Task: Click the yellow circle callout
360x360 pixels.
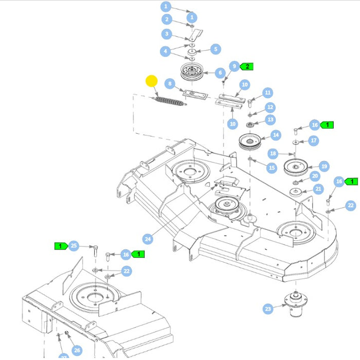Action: tap(152, 81)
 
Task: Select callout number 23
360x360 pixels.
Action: tap(267, 309)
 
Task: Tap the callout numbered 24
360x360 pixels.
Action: tap(148, 239)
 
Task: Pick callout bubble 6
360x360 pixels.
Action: tap(220, 73)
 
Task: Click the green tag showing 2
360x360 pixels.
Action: tap(247, 66)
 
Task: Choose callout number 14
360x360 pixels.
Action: tap(276, 135)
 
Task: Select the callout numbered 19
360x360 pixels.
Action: tap(324, 166)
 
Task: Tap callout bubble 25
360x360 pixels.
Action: tap(74, 246)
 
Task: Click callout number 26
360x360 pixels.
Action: tap(77, 350)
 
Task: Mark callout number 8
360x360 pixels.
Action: tap(169, 84)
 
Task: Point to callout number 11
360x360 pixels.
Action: tap(267, 93)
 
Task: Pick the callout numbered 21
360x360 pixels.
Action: tap(318, 189)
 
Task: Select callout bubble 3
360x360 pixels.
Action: tap(166, 34)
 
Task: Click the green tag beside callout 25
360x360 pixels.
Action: tap(61, 246)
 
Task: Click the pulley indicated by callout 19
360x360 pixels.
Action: tap(299, 167)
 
